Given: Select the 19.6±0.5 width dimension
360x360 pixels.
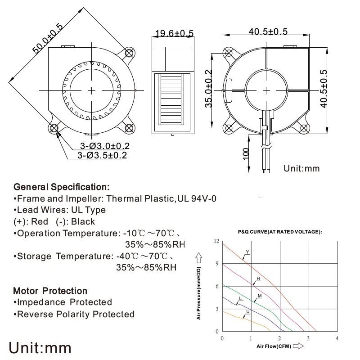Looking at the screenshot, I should pyautogui.click(x=174, y=33).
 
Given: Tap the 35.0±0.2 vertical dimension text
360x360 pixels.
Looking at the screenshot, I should pyautogui.click(x=208, y=89).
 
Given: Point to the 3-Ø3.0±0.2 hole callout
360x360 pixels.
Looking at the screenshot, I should pyautogui.click(x=105, y=146).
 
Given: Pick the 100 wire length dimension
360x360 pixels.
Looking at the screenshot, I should pyautogui.click(x=245, y=154).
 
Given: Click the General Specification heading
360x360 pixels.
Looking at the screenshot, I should pyautogui.click(x=62, y=186).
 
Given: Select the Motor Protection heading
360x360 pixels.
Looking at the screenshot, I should pyautogui.click(x=50, y=291).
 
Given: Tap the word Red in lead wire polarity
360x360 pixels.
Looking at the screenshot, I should pyautogui.click(x=40, y=221).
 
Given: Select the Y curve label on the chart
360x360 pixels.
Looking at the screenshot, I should pyautogui.click(x=247, y=252).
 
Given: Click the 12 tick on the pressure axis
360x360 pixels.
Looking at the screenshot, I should pyautogui.click(x=216, y=241).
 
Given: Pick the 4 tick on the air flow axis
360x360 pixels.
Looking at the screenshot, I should pyautogui.click(x=337, y=338).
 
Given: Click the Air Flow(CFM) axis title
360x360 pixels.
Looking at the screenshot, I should pyautogui.click(x=274, y=346).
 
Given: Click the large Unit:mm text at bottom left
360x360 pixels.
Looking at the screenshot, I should pyautogui.click(x=40, y=348).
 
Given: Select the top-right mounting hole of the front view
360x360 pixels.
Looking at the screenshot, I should pyautogui.click(x=130, y=53).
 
